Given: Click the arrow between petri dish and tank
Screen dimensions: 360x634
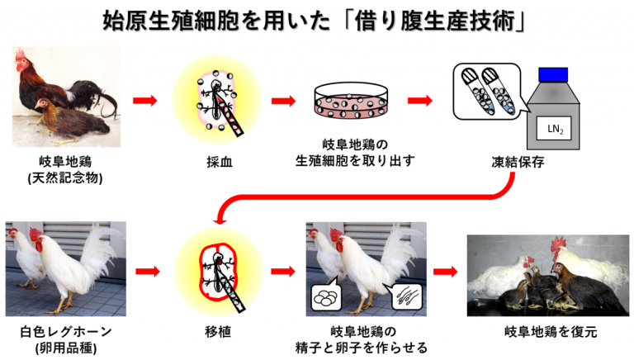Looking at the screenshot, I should (420, 102).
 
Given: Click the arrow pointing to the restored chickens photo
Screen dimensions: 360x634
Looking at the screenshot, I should (445, 271).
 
